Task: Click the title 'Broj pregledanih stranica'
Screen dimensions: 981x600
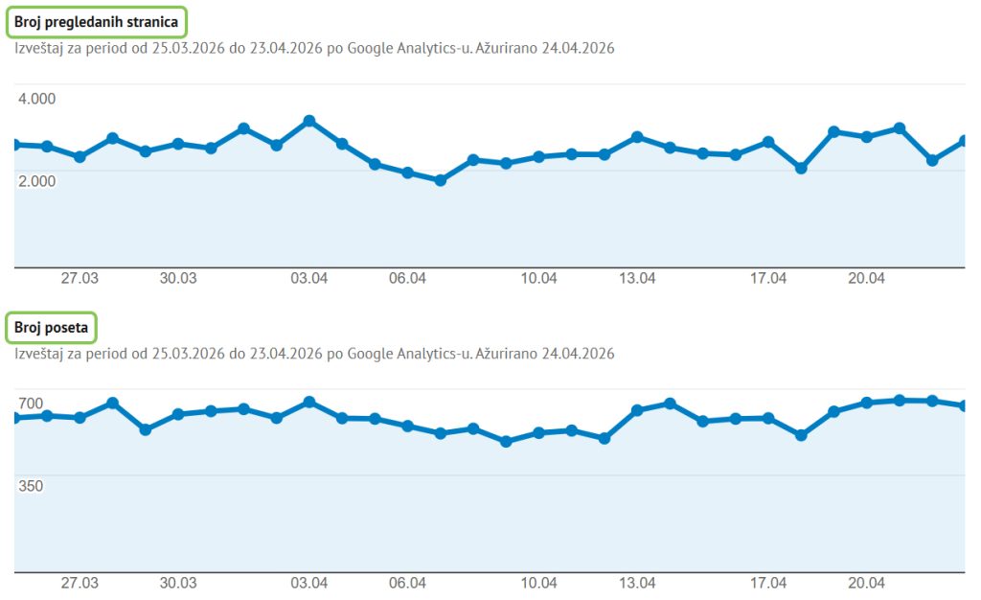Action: pos(97,22)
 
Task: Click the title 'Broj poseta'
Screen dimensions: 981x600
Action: pos(52,328)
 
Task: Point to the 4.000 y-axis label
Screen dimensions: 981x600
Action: pos(37,99)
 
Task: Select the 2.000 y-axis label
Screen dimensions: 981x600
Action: pos(37,181)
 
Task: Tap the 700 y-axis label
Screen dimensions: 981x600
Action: pos(31,404)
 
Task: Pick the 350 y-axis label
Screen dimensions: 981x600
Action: pos(31,486)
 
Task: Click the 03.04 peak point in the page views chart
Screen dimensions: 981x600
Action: pos(309,121)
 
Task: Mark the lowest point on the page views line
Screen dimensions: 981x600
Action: pos(441,180)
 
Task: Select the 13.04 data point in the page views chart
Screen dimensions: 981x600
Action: pos(637,137)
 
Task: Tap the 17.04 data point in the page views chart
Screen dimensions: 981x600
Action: pos(768,143)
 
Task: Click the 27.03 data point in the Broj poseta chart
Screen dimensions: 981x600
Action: pos(80,417)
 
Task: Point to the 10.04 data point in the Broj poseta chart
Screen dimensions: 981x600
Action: pos(538,432)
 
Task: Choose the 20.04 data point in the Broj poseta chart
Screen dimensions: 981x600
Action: pos(866,403)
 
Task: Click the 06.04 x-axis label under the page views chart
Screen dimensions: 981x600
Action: pos(407,278)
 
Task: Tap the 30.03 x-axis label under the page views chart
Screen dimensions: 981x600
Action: pos(178,278)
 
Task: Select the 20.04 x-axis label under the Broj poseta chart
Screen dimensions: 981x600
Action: pos(866,583)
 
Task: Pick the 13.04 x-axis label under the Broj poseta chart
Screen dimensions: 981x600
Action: pos(637,583)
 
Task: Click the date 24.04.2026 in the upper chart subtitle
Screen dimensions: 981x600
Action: pos(578,48)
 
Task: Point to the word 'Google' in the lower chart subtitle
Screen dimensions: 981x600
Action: pos(371,354)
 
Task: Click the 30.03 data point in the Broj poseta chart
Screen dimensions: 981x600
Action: pos(177,414)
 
